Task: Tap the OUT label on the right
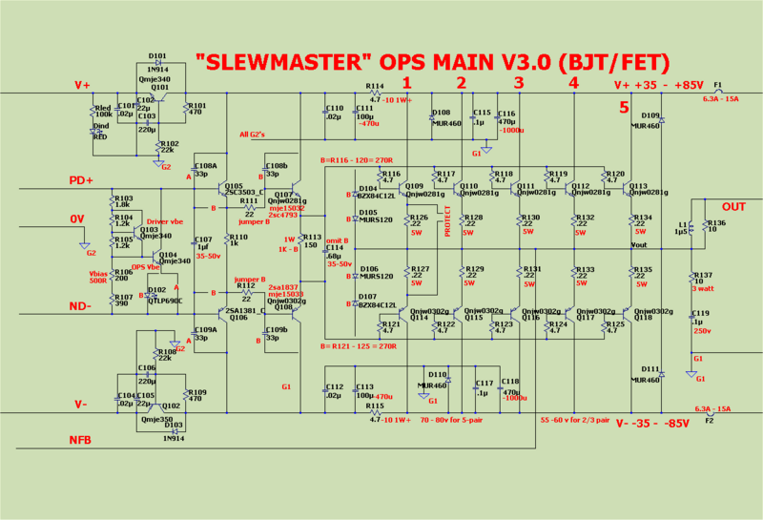click(x=733, y=207)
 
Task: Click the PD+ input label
click(x=83, y=180)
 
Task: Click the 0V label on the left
click(x=79, y=220)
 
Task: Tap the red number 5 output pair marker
click(x=624, y=107)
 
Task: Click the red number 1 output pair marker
click(x=407, y=83)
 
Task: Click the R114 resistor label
click(x=375, y=86)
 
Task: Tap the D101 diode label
click(x=158, y=56)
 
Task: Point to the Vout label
click(x=639, y=245)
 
